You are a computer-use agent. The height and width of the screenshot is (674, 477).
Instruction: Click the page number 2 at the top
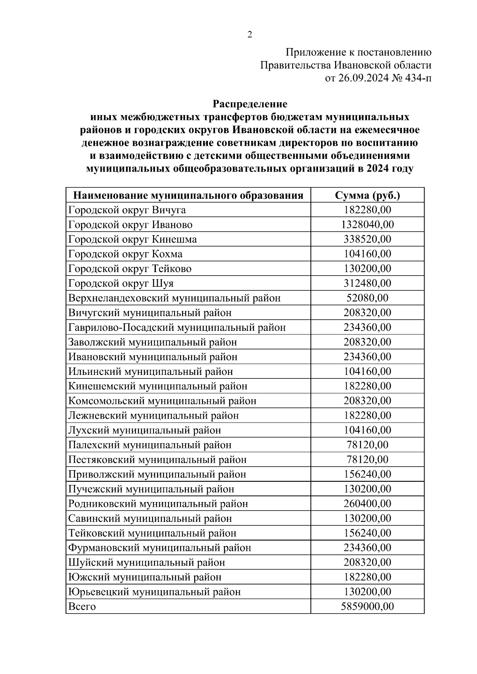(250, 35)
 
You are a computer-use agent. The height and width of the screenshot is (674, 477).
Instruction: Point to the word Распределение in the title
(250, 104)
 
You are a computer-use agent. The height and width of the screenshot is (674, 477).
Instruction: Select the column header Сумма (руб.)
(367, 195)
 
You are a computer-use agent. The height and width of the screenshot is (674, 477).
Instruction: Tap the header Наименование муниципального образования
(188, 195)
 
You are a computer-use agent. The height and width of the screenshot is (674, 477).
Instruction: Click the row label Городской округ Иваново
(130, 225)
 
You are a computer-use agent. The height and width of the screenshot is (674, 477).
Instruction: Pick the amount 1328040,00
(367, 225)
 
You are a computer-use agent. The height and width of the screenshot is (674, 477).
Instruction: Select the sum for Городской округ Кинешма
(367, 239)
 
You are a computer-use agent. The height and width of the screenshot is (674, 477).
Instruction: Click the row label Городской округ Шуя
(121, 284)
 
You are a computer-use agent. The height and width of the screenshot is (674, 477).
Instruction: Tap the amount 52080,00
(367, 298)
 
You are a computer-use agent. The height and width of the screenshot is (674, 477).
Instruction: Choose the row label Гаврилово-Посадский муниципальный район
(177, 328)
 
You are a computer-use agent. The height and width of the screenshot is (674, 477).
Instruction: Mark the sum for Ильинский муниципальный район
(367, 372)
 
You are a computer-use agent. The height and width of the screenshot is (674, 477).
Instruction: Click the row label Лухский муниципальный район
(145, 431)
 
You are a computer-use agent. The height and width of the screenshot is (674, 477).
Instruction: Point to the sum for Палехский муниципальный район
(367, 445)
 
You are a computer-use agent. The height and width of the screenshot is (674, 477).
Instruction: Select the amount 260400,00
(367, 504)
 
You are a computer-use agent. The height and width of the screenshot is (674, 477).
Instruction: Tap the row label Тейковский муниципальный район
(152, 533)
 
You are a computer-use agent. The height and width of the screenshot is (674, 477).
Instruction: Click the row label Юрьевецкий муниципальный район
(155, 592)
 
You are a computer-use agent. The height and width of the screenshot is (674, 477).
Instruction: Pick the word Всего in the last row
(82, 607)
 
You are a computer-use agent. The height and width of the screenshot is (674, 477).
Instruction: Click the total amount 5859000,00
(367, 607)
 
